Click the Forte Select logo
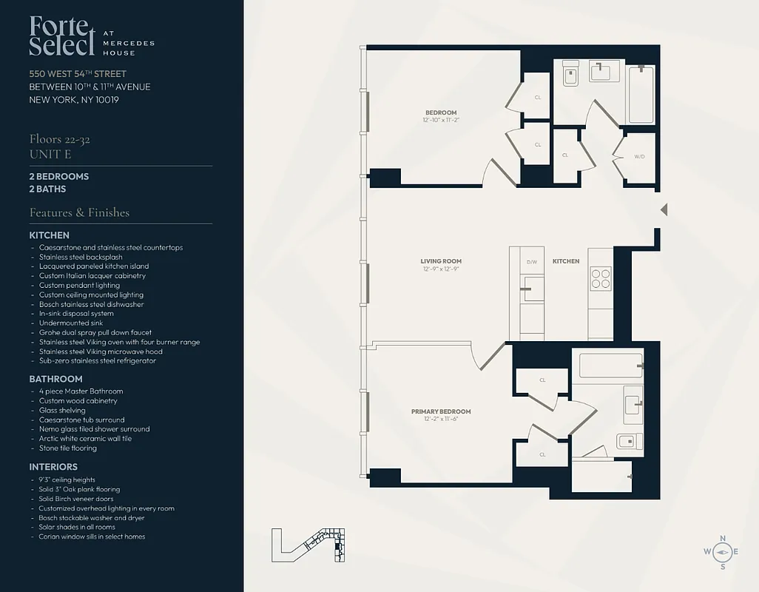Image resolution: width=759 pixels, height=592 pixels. (63, 36)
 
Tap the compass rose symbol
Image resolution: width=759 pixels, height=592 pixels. (723, 552)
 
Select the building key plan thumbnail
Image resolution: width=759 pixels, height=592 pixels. (310, 546)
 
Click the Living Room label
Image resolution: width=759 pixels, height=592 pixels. (441, 261)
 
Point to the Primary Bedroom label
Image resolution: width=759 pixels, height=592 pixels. (441, 411)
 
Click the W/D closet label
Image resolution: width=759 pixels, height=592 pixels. (639, 156)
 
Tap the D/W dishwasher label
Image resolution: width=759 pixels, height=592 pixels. (531, 262)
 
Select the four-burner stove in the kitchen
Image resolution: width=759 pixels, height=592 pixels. (600, 277)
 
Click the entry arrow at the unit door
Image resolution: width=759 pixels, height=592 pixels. (664, 210)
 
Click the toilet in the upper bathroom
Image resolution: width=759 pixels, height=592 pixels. (570, 73)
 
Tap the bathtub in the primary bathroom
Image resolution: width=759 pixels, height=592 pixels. (610, 365)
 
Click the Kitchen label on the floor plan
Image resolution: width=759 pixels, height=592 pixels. (566, 261)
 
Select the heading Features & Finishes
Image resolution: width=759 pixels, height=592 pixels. (79, 212)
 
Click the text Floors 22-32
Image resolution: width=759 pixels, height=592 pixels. (59, 139)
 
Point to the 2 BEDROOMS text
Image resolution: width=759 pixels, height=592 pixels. (59, 177)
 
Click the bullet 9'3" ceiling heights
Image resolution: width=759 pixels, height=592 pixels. (67, 480)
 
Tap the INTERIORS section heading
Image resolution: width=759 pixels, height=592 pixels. (53, 467)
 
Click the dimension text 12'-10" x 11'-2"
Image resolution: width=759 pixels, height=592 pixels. (441, 120)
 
